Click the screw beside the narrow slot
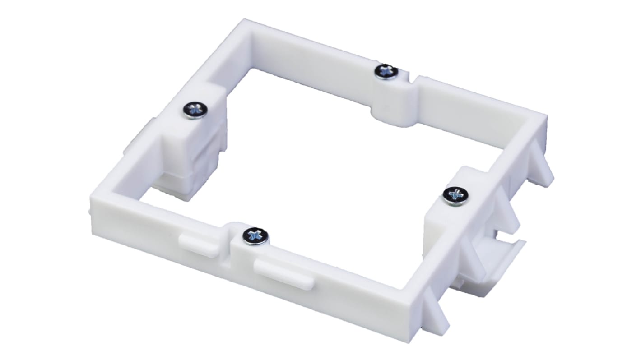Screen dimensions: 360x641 pyautogui.click(x=387, y=71)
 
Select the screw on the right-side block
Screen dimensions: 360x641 pyautogui.click(x=455, y=195)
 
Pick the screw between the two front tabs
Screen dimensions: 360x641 pyautogui.click(x=255, y=235)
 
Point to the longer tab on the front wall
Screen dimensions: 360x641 pyautogui.click(x=283, y=272)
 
